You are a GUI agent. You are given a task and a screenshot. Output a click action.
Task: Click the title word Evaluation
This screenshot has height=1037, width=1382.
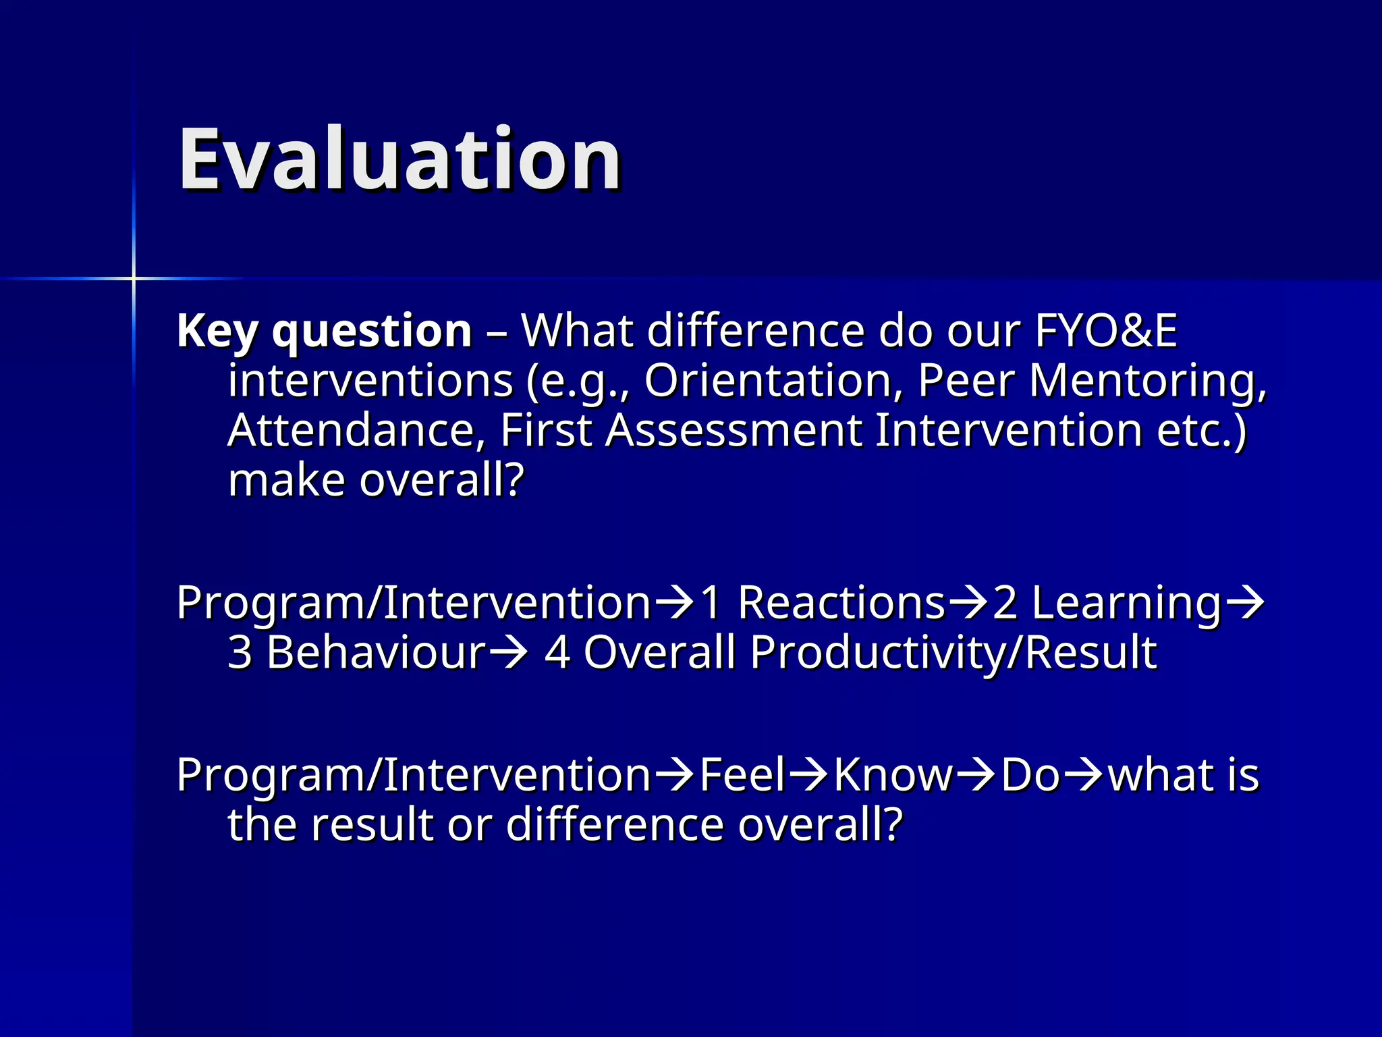click(x=399, y=160)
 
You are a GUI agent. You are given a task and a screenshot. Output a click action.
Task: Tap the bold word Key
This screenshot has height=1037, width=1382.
click(x=217, y=331)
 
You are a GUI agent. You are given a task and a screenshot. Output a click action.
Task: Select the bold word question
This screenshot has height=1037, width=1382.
click(x=372, y=331)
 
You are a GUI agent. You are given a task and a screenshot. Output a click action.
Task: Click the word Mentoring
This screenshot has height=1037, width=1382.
click(x=1146, y=380)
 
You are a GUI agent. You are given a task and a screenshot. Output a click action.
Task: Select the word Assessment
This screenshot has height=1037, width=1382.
click(x=734, y=430)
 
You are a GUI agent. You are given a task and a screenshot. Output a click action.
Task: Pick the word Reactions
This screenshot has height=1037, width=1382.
click(x=841, y=602)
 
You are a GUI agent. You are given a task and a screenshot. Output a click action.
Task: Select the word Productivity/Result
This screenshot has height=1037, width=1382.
click(x=953, y=652)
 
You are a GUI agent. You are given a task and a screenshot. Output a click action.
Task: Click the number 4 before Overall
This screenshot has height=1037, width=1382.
click(x=557, y=652)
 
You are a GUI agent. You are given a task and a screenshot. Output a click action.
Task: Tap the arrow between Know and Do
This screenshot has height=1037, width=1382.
click(x=976, y=775)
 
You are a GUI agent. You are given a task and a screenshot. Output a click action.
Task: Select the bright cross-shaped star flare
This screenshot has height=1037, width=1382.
click(x=134, y=278)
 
